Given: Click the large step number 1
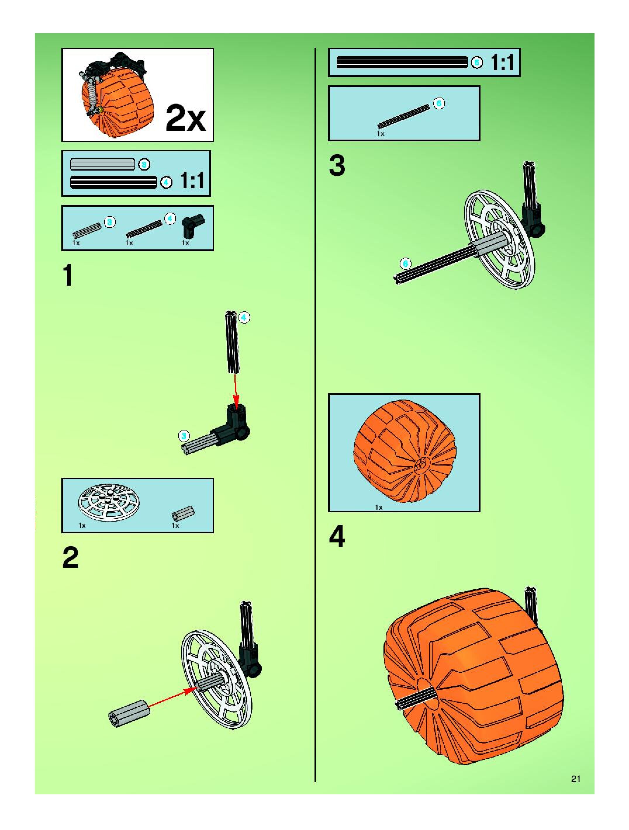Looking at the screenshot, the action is pyautogui.click(x=68, y=276).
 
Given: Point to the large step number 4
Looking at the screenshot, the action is pyautogui.click(x=337, y=536).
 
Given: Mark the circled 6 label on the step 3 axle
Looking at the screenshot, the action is pyautogui.click(x=405, y=264).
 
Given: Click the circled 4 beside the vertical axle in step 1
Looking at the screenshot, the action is pyautogui.click(x=244, y=317).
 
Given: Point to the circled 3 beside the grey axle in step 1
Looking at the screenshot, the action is pyautogui.click(x=184, y=436).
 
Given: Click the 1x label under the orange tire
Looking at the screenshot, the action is pyautogui.click(x=379, y=507).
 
